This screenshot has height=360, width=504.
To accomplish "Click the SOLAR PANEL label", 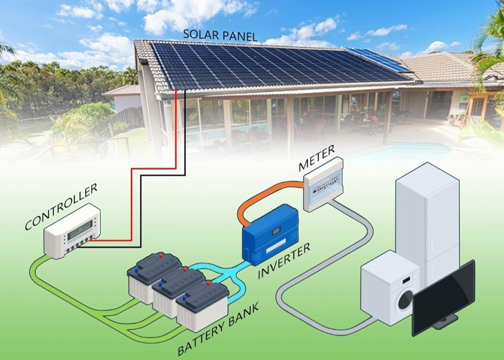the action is [220, 35].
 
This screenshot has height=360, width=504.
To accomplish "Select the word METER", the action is [316, 158].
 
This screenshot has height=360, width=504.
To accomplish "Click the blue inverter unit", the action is [270, 234].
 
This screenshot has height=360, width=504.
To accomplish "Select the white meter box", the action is [324, 184].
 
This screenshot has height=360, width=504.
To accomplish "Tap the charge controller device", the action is [72, 231].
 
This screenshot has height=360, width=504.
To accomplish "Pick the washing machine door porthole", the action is [405, 300].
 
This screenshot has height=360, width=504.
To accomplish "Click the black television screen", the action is [444, 297].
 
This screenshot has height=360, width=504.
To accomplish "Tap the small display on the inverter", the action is [276, 231].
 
